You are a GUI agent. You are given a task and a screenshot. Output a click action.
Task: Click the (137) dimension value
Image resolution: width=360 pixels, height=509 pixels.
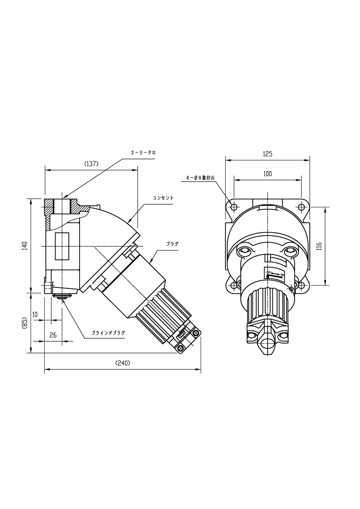(x=91, y=164)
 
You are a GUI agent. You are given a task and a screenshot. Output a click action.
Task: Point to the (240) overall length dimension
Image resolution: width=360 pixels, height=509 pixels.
(x=122, y=363)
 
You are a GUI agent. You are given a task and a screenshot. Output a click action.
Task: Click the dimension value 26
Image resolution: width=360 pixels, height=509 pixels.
(x=53, y=335)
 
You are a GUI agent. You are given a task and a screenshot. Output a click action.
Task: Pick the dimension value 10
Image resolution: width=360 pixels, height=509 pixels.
(x=35, y=314)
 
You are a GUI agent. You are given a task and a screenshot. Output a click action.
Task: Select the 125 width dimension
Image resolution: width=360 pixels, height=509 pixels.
(x=267, y=154)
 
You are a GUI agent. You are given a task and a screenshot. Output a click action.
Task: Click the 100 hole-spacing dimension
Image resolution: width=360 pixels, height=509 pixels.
(x=267, y=174)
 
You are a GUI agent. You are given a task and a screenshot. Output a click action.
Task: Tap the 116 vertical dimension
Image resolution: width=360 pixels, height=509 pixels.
(x=319, y=246)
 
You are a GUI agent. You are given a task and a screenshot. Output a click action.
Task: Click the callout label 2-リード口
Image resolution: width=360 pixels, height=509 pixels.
(x=143, y=153)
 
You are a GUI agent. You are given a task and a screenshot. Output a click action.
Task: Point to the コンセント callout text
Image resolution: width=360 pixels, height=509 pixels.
(x=163, y=198)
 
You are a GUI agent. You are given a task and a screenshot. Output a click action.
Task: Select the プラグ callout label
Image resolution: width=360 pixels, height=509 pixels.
(x=172, y=244)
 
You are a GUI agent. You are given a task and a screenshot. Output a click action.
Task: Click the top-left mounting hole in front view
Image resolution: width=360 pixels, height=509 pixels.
(x=234, y=207)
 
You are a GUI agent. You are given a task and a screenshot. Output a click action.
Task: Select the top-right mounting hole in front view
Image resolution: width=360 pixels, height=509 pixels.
(x=301, y=207)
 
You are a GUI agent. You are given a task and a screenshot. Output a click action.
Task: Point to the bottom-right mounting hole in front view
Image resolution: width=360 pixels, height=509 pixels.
(x=301, y=285)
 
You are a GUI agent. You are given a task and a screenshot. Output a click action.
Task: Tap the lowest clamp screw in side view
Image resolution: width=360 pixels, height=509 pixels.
(x=180, y=348)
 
